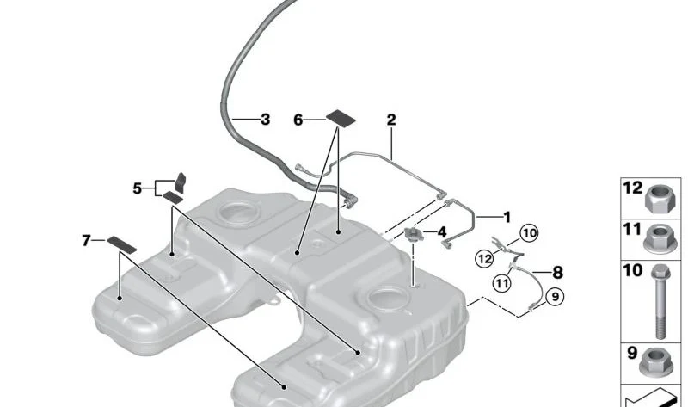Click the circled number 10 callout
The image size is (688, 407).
530,233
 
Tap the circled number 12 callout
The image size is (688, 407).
484,259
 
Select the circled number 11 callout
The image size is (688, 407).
502,282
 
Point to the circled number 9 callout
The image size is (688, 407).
555,297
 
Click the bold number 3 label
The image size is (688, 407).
265,120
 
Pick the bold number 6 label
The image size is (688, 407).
298,120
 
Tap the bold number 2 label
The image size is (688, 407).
391,120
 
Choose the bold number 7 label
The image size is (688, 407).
87,241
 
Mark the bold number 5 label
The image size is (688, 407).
138,188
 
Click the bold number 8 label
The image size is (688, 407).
557,273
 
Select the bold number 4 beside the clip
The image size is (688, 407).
441,232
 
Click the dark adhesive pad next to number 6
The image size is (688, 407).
341,118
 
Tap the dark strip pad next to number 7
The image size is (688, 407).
121,244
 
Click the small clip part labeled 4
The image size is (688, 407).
412,234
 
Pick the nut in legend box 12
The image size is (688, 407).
656,199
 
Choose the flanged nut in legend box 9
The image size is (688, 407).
654,362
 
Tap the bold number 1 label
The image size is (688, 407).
507,218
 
